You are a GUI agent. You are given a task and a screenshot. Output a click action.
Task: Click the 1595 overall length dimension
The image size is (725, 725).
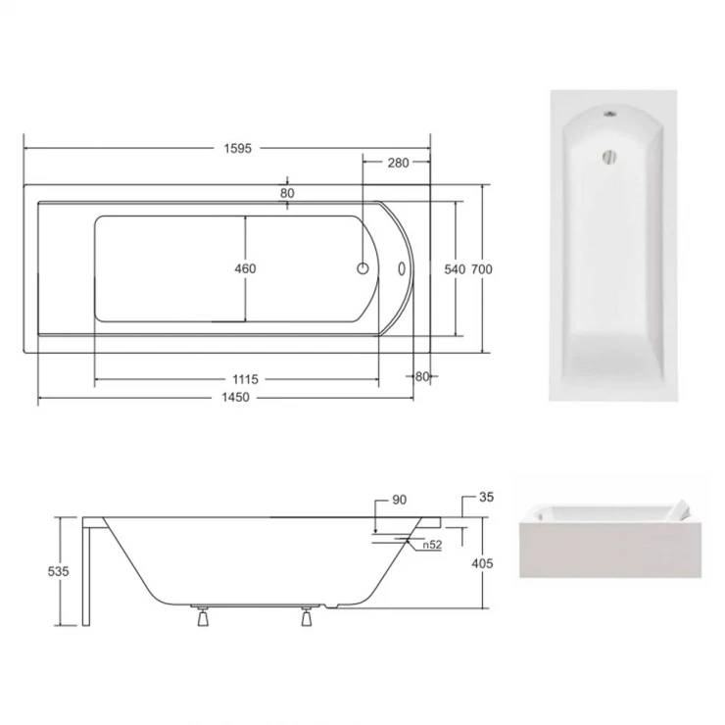(x=238, y=148)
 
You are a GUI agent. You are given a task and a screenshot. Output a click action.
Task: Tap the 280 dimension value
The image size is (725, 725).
(x=398, y=163)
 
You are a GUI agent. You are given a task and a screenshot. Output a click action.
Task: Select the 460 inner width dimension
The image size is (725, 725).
(x=245, y=268)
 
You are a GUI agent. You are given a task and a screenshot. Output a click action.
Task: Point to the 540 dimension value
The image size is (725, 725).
(x=455, y=269)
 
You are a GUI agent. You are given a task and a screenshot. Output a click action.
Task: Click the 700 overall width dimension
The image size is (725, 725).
(x=482, y=269)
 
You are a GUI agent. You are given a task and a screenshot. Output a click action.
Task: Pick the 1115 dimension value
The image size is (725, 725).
(x=245, y=379)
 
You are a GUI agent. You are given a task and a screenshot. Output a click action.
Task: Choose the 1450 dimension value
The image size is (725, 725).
(x=235, y=397)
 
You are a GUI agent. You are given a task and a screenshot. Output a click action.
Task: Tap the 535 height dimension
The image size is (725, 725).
(x=58, y=571)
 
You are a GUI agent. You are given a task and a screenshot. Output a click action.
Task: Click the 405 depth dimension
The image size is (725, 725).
(x=482, y=563)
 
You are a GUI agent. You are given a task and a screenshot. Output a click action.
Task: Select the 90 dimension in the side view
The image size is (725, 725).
(x=400, y=500)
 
